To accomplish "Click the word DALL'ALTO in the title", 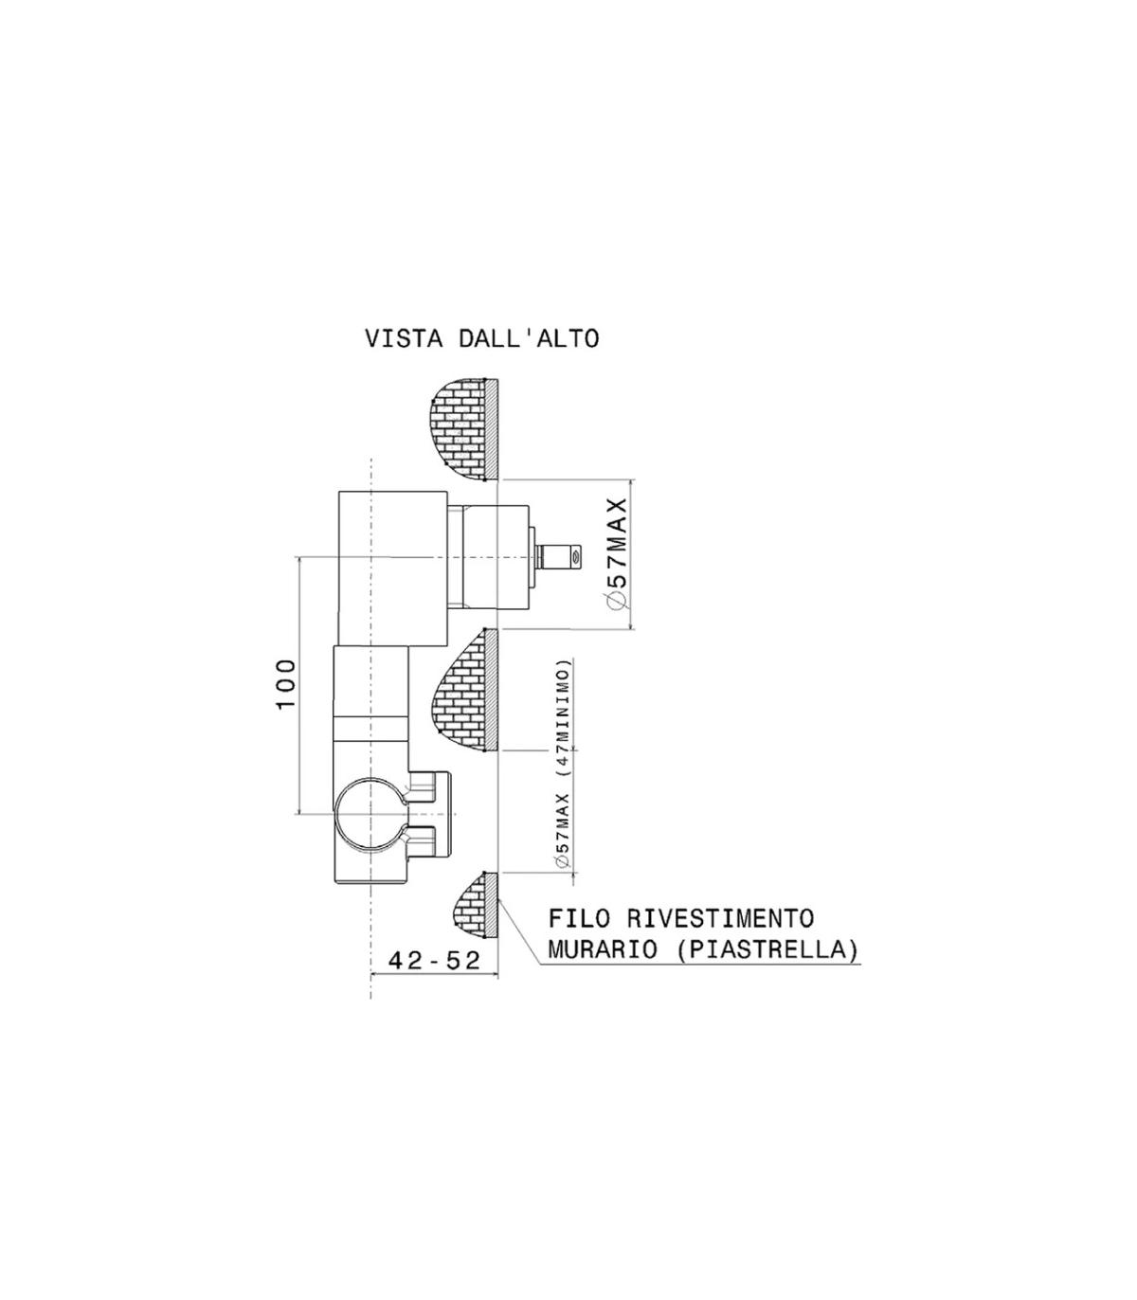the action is click(529, 338).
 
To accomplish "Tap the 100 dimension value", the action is click(286, 686).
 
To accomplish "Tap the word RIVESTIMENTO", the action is click(720, 918).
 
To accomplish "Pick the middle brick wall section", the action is click(463, 691).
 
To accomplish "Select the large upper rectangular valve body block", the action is click(392, 568).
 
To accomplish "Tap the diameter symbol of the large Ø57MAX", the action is click(615, 602).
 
